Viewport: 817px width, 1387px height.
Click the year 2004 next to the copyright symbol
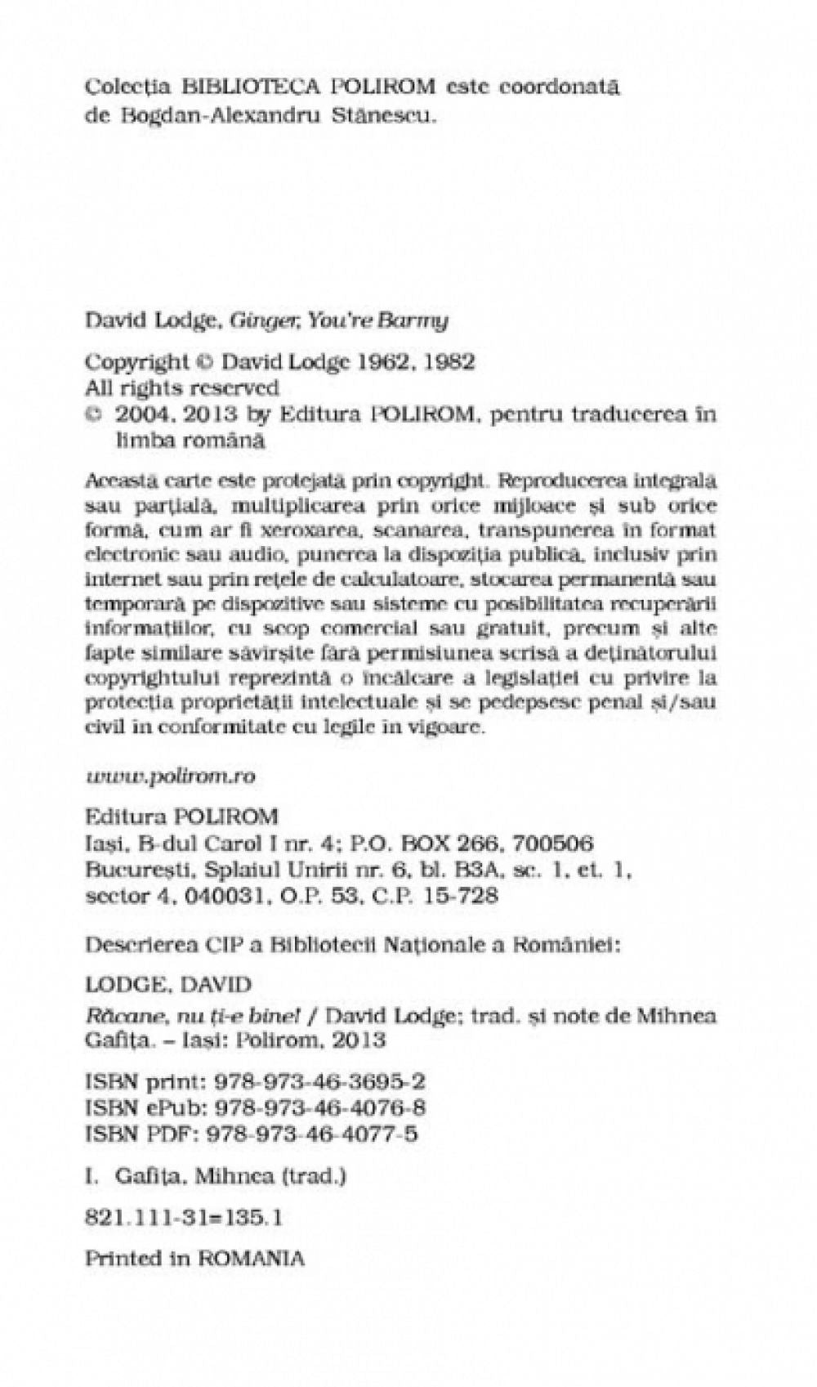[x=142, y=414]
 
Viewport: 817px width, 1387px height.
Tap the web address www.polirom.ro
[x=171, y=776]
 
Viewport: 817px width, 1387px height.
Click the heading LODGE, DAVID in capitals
[x=168, y=984]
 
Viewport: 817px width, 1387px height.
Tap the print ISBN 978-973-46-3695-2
[x=319, y=1082]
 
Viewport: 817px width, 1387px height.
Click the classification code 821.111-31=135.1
[x=185, y=1217]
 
